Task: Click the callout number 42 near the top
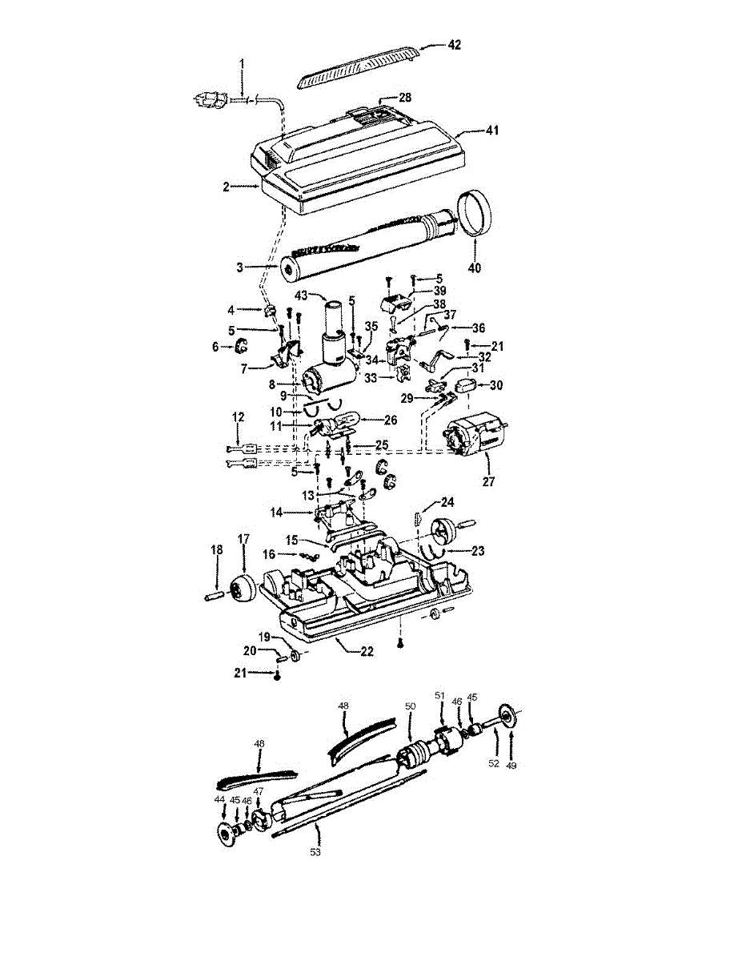coord(455,45)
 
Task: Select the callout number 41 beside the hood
coord(491,130)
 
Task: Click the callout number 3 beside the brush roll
coord(239,267)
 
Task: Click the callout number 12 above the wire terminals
coord(239,417)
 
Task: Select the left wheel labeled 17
coord(243,587)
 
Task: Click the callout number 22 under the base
coord(367,651)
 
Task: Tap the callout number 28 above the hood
coord(405,97)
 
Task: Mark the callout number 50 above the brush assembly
coord(410,706)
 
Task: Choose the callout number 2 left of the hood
coord(226,187)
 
